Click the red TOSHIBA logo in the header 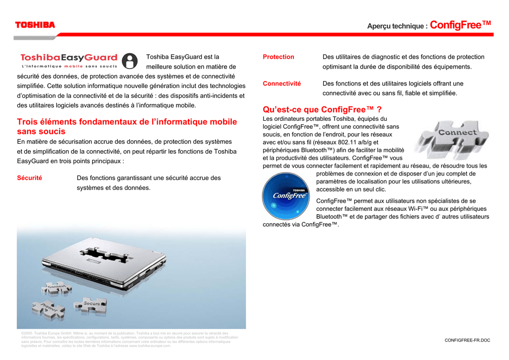35,25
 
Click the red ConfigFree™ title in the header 460,25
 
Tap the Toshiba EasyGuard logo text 69,58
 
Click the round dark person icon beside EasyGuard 129,61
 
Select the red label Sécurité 29,178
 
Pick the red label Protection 278,57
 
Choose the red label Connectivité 282,84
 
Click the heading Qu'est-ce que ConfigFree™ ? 322,109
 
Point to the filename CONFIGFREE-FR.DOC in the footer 467,340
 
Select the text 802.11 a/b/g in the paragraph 342,142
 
